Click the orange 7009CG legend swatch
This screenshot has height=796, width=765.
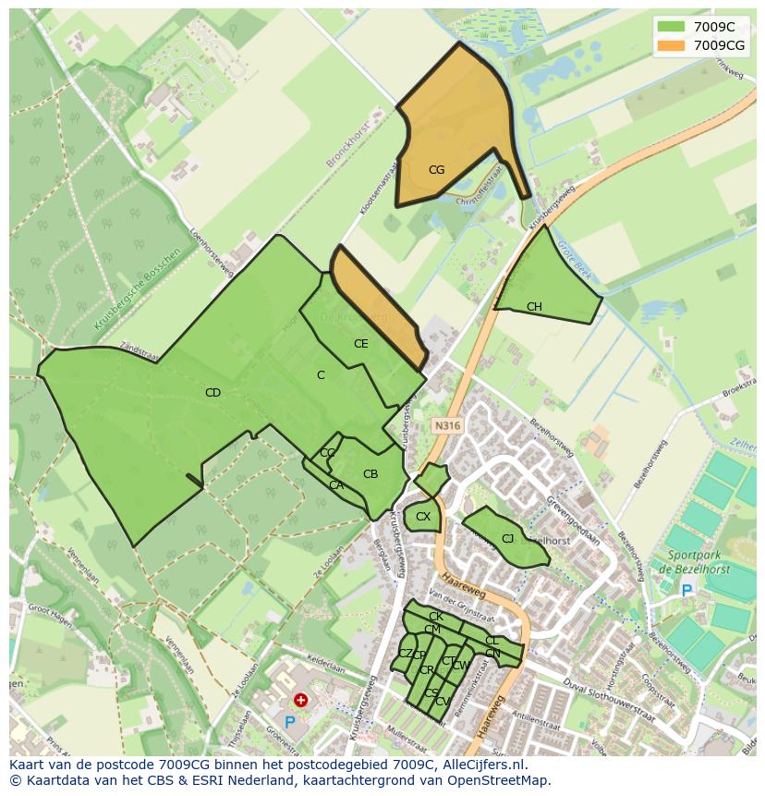click(671, 45)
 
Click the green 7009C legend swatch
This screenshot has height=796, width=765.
click(671, 27)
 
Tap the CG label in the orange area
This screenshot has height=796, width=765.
click(436, 170)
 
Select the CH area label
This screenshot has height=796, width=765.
click(534, 307)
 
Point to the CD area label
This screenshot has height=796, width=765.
click(212, 393)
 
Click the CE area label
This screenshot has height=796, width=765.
click(361, 344)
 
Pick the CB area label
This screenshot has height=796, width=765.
click(370, 474)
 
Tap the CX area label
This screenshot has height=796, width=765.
click(423, 517)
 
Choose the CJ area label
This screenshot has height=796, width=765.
click(507, 539)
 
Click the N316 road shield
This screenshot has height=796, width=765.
click(446, 426)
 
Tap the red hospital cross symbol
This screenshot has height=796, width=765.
click(301, 701)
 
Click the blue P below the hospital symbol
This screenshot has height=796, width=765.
click(290, 723)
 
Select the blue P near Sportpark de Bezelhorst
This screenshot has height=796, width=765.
click(686, 590)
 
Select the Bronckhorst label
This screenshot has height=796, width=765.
click(347, 144)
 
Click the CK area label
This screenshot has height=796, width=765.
click(435, 617)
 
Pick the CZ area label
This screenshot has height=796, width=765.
click(404, 653)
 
